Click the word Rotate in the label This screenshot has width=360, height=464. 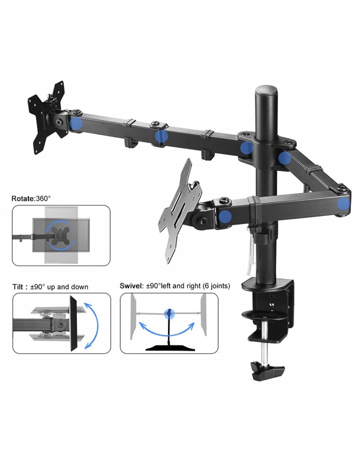point(23,199)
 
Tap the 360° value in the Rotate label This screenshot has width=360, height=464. point(43,198)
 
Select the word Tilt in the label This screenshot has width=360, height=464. point(18,287)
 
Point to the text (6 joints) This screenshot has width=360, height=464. point(216,286)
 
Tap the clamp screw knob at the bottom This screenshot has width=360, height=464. point(267,370)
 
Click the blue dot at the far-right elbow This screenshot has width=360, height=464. point(343,204)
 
